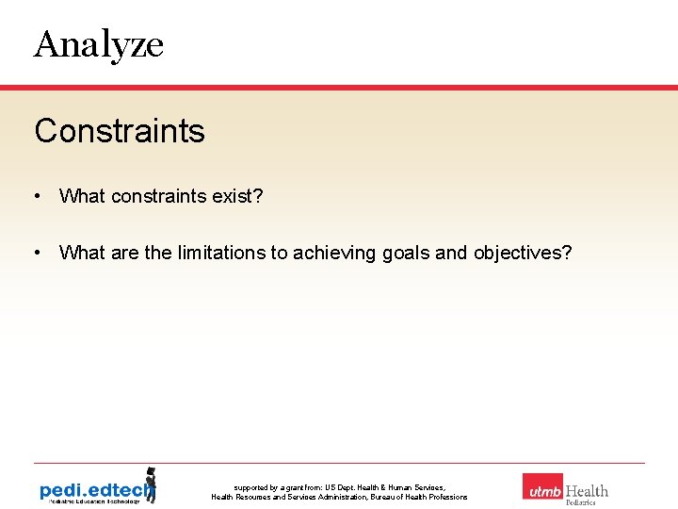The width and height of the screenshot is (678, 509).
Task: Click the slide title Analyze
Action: click(99, 44)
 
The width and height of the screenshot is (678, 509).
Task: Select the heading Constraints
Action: click(120, 131)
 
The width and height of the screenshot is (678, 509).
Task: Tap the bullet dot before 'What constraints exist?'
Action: click(36, 196)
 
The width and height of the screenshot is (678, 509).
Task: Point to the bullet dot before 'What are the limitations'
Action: click(36, 253)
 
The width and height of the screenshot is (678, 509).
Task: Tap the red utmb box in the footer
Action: click(542, 487)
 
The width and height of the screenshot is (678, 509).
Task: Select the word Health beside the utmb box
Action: click(587, 490)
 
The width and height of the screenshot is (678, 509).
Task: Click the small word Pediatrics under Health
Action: click(581, 502)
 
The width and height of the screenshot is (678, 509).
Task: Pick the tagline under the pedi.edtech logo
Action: click(90, 501)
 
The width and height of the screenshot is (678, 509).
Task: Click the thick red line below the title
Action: click(339, 88)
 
